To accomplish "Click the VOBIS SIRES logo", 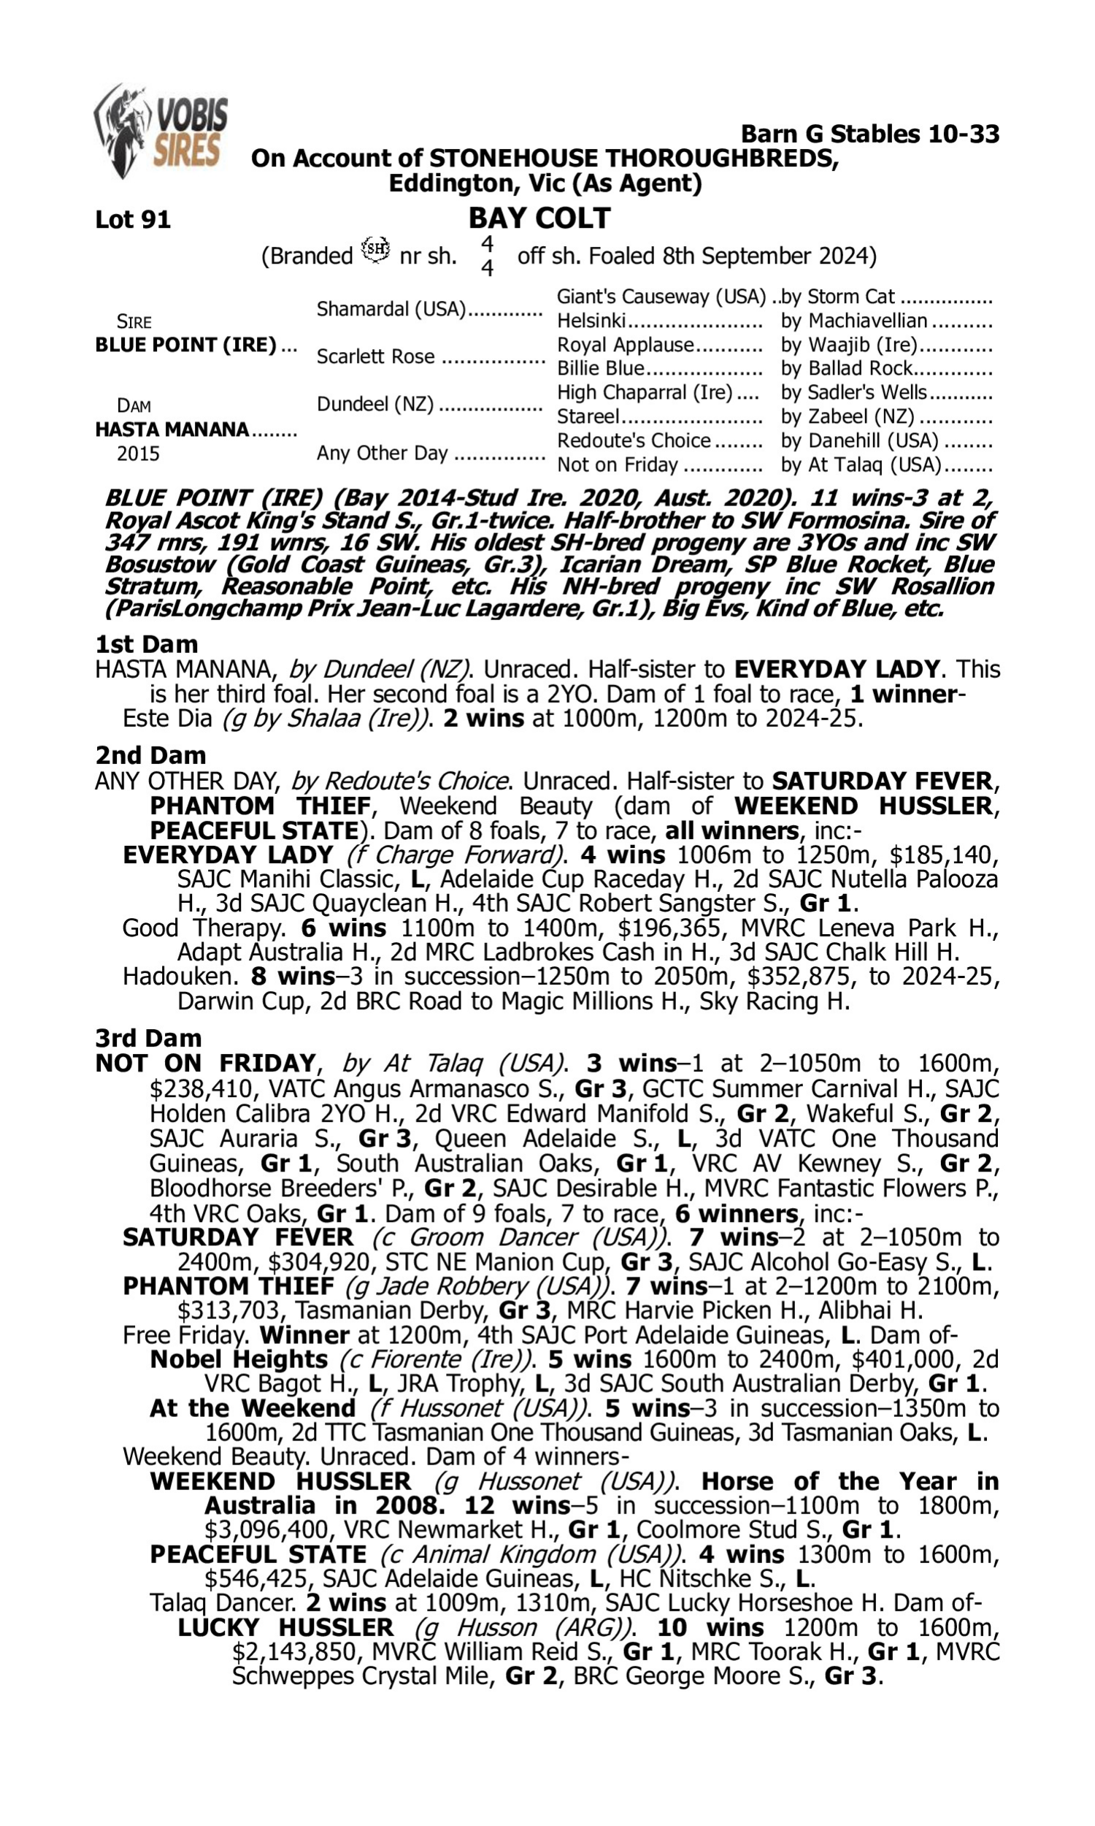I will coord(161,131).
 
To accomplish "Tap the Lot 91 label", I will coord(133,219).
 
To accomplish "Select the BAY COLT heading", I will coord(539,218).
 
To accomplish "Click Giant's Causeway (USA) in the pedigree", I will coord(661,297).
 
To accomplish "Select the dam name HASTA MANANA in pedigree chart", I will coord(172,429).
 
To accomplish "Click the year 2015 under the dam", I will coord(138,453).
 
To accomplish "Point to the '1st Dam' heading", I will coord(146,644).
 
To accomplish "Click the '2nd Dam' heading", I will coord(150,755).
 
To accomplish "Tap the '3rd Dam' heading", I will coord(148,1038).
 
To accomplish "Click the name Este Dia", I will coord(169,718).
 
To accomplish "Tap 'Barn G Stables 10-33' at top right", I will coord(870,134).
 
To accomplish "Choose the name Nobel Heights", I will coord(238,1359).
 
